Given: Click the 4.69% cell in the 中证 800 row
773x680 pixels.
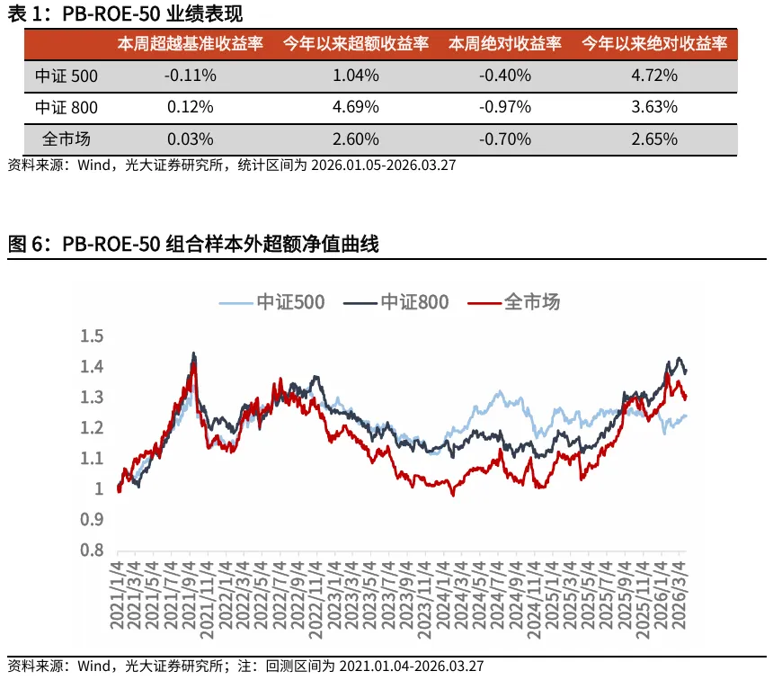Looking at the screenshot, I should click(356, 107).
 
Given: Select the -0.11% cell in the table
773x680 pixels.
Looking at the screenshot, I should click(190, 76).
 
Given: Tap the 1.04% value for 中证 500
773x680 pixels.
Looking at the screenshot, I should click(356, 76).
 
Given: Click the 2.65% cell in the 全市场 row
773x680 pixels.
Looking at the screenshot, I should click(653, 139).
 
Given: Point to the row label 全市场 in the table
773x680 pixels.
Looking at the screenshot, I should click(67, 139).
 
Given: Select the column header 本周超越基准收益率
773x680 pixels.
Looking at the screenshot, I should click(190, 44).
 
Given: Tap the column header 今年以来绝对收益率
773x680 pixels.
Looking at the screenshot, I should click(653, 44).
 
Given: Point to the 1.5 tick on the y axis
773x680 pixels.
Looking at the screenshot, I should click(93, 336).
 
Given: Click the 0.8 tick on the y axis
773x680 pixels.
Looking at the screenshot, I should click(93, 550).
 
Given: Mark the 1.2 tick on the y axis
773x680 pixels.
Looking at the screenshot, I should click(93, 428).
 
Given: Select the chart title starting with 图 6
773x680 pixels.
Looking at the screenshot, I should click(193, 244).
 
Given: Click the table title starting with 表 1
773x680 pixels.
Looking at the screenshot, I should click(125, 13).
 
